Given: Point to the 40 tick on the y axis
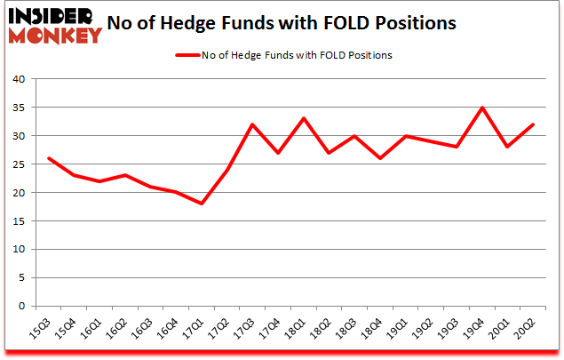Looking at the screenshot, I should click(x=18, y=79).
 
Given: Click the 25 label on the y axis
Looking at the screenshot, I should click(x=18, y=164).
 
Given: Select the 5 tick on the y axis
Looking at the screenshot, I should click(x=20, y=278).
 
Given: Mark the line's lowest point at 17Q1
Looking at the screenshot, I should click(x=202, y=204).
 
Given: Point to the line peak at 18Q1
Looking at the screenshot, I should click(x=304, y=118).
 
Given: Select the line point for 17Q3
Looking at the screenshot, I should click(x=253, y=124).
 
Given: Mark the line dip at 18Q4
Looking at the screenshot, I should click(x=381, y=158).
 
